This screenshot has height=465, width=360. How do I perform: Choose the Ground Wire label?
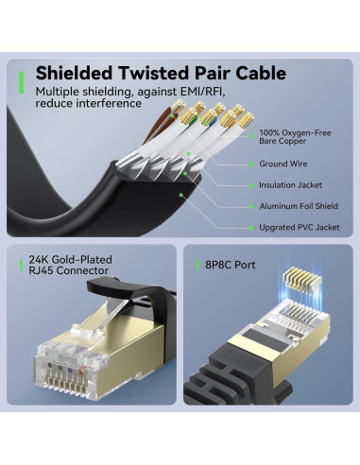pyautogui.click(x=284, y=163)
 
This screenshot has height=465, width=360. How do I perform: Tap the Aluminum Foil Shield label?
pyautogui.click(x=298, y=205)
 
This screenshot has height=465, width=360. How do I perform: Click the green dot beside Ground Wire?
pyautogui.click(x=251, y=163)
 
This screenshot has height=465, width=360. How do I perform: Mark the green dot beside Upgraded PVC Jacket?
pyautogui.click(x=251, y=227)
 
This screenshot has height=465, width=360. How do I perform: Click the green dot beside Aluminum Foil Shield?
pyautogui.click(x=251, y=205)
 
